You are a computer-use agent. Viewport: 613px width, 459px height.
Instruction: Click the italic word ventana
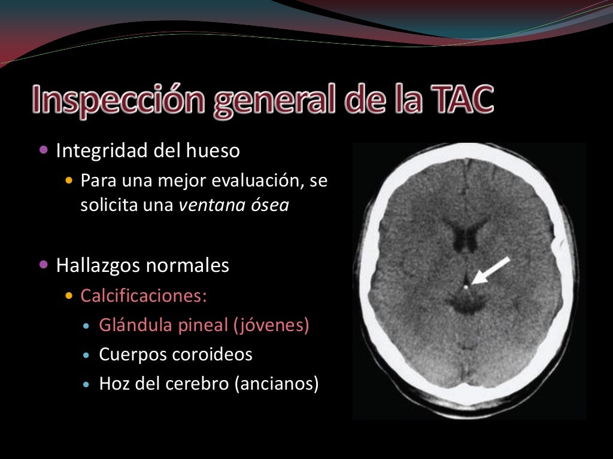(x=208, y=205)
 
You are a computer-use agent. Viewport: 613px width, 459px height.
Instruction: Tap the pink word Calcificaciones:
(x=144, y=296)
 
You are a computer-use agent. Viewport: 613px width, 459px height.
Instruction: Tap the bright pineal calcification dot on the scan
(x=466, y=287)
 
